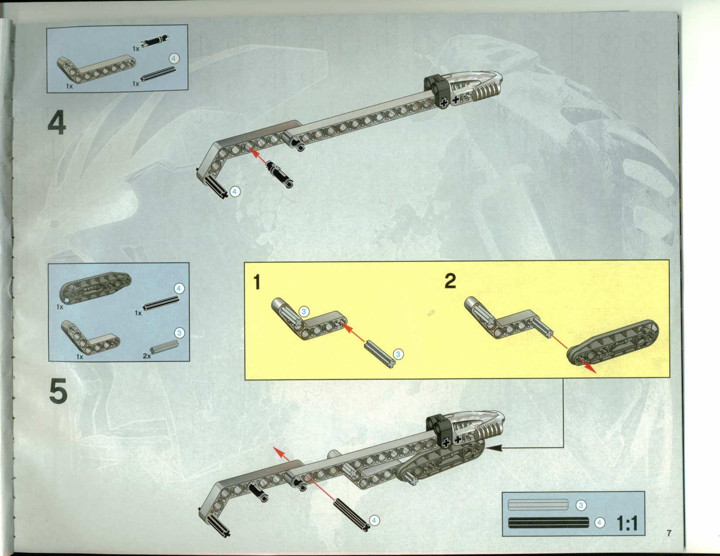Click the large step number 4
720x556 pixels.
[x=57, y=123]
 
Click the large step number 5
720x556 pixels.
[x=58, y=392]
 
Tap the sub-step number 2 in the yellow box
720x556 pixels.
[x=450, y=281]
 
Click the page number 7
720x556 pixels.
[x=669, y=533]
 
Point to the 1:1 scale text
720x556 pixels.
[x=627, y=524]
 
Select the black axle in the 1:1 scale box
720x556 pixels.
[x=549, y=522]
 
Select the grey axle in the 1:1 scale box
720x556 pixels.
[x=538, y=505]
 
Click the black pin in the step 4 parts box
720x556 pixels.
[x=154, y=41]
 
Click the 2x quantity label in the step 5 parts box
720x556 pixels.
[x=147, y=356]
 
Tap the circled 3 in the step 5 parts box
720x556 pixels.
[x=179, y=333]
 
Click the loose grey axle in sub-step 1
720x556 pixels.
[x=380, y=355]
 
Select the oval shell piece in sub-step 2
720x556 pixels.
[x=612, y=343]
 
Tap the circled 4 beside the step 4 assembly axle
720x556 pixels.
[x=235, y=191]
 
